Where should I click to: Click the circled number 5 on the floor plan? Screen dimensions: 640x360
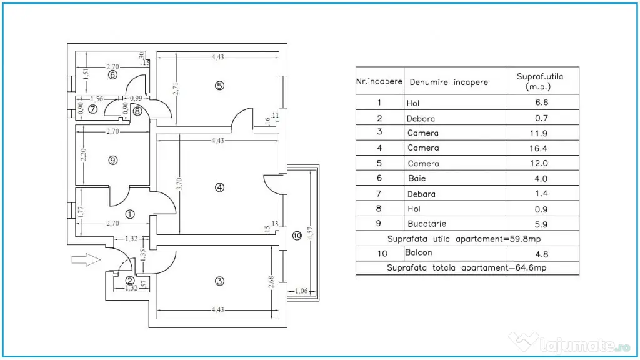pyautogui.click(x=219, y=86)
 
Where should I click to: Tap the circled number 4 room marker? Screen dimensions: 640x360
pyautogui.click(x=219, y=187)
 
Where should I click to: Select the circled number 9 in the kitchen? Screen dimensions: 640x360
pyautogui.click(x=113, y=161)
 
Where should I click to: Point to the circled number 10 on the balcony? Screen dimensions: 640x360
pyautogui.click(x=297, y=236)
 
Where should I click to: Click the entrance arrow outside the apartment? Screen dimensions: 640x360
pyautogui.click(x=86, y=259)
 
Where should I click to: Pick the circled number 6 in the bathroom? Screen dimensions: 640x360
pyautogui.click(x=112, y=75)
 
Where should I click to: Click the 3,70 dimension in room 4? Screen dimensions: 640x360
pyautogui.click(x=179, y=184)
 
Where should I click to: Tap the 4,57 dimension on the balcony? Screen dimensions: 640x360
pyautogui.click(x=310, y=232)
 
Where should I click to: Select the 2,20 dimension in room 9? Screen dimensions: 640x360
pyautogui.click(x=83, y=154)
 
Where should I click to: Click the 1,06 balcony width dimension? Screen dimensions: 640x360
pyautogui.click(x=301, y=291)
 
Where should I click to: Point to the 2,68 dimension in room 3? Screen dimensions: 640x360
pyautogui.click(x=271, y=282)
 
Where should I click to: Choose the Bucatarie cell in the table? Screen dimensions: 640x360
pyautogui.click(x=427, y=224)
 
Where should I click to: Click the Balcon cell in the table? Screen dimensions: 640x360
pyautogui.click(x=418, y=252)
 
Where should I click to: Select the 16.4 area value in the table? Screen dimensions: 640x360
pyautogui.click(x=538, y=149)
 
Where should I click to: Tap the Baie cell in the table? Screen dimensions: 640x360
pyautogui.click(x=417, y=178)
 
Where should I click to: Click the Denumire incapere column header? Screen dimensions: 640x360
pyautogui.click(x=449, y=82)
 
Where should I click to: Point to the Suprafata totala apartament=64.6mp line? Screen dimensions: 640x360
pyautogui.click(x=466, y=267)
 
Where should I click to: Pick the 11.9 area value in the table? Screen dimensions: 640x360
pyautogui.click(x=538, y=134)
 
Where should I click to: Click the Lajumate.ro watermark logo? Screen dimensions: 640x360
pyautogui.click(x=569, y=344)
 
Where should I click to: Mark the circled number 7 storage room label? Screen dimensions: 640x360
pyautogui.click(x=92, y=109)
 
